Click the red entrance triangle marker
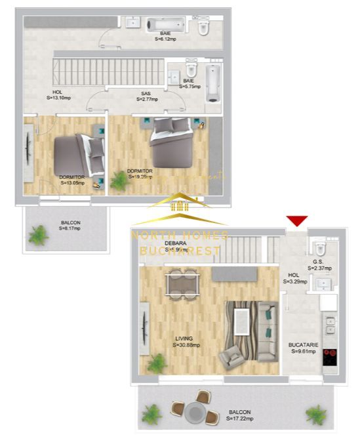(297, 220)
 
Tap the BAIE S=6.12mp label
(165, 36)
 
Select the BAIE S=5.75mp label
(188, 83)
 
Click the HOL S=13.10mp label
(58, 95)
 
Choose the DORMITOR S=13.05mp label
(71, 180)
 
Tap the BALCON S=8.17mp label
(70, 225)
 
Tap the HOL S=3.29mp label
(294, 278)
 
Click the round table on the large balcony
(195, 411)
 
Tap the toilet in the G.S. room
(320, 249)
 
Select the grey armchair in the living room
(231, 358)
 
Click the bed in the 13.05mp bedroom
(75, 155)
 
